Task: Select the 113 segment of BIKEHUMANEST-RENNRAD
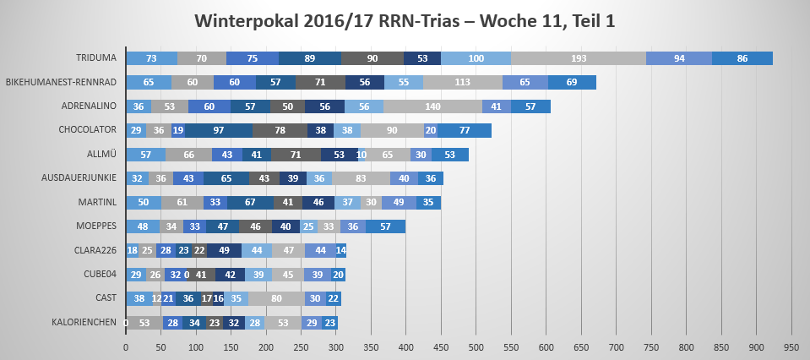tap(462, 82)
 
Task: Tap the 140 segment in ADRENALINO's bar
tap(432, 106)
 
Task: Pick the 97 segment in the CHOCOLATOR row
tap(219, 130)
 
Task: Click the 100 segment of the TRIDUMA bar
tap(476, 58)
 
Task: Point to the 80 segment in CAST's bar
tap(276, 298)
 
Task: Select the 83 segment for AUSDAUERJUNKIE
tap(361, 178)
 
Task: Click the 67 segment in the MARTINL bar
tap(250, 203)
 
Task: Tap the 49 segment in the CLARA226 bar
tap(224, 250)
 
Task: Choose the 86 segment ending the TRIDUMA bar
tap(742, 58)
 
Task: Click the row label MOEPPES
tap(96, 226)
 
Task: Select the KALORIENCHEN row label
tap(84, 322)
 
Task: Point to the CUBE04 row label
tap(99, 275)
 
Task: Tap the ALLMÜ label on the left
tap(101, 155)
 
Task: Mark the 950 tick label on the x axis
tap(791, 346)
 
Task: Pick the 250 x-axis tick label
tap(301, 346)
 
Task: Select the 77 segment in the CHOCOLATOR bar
tap(465, 130)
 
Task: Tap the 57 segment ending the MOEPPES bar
tap(385, 226)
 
